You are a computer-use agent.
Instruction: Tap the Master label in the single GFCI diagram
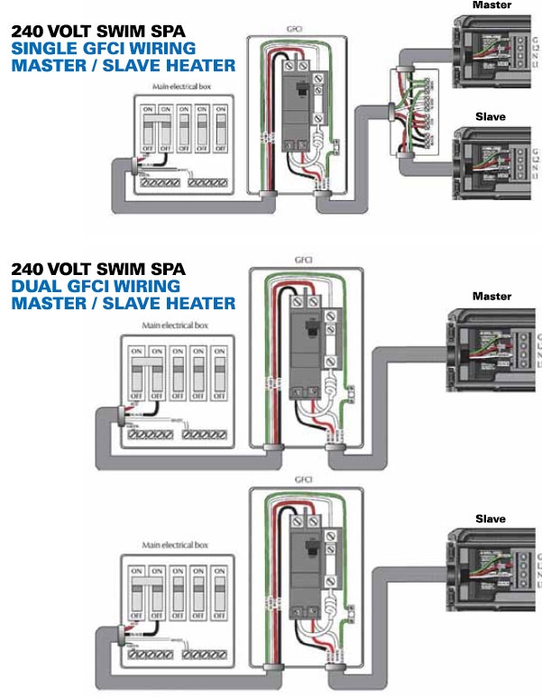click(489, 5)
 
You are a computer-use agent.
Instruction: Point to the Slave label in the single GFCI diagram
click(490, 117)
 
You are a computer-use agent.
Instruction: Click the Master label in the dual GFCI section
click(491, 297)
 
